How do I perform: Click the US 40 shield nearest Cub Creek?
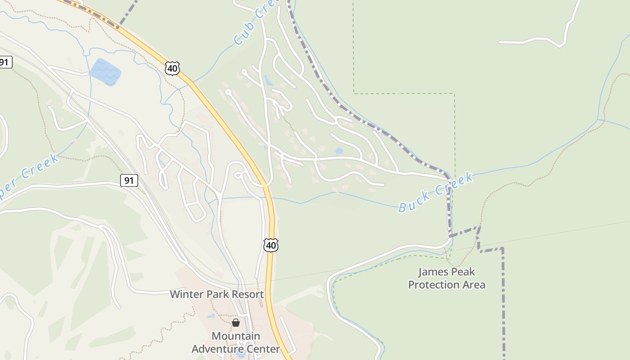172,68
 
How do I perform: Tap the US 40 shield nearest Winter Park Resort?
270,245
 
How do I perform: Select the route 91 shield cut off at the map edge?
5,62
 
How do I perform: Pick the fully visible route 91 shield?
129,181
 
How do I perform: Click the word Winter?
185,294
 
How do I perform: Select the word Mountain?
236,336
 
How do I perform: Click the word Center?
263,349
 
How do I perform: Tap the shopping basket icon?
236,323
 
